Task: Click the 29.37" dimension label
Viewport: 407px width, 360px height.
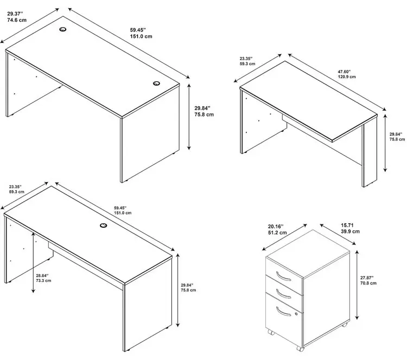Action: pos(15,14)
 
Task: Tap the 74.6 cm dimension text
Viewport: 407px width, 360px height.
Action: pos(17,20)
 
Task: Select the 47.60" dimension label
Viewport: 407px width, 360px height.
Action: pos(344,72)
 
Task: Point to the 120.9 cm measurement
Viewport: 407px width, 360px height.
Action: pos(347,77)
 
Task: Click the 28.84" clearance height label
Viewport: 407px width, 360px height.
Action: pos(42,275)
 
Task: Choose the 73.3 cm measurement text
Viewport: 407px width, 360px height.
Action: pos(43,281)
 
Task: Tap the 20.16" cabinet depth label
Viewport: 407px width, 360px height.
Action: pos(276,227)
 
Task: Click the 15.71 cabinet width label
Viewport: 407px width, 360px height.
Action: pos(347,225)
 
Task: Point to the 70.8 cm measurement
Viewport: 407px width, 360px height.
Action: pos(368,283)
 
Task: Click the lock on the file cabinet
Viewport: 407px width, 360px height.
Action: pos(296,314)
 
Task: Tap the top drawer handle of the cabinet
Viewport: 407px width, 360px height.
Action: pos(283,277)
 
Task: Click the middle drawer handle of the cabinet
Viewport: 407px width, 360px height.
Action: pos(283,294)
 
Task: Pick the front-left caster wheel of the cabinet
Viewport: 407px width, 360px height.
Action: pos(271,332)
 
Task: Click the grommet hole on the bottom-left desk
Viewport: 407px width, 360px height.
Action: pos(103,226)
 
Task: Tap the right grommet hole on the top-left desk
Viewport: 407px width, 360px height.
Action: pos(156,83)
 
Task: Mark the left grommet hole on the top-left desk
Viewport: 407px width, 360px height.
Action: pos(63,29)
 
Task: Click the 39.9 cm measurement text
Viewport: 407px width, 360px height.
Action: pos(350,232)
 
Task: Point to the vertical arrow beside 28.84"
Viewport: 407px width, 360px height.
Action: pos(33,262)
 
